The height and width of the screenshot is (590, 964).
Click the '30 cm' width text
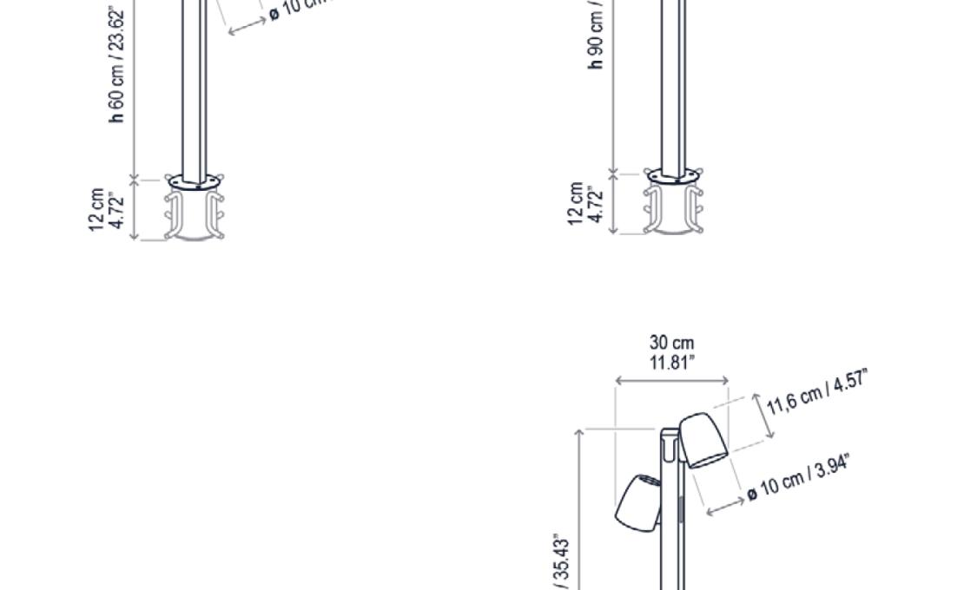pyautogui.click(x=671, y=344)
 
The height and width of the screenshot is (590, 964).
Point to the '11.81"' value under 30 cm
pyautogui.click(x=671, y=362)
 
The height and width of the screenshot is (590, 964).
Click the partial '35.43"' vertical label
pyautogui.click(x=562, y=564)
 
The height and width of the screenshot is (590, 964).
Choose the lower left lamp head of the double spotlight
pyautogui.click(x=638, y=502)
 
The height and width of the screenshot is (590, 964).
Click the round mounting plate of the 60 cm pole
pyautogui.click(x=195, y=182)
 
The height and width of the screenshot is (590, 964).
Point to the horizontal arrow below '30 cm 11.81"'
pyautogui.click(x=671, y=380)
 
